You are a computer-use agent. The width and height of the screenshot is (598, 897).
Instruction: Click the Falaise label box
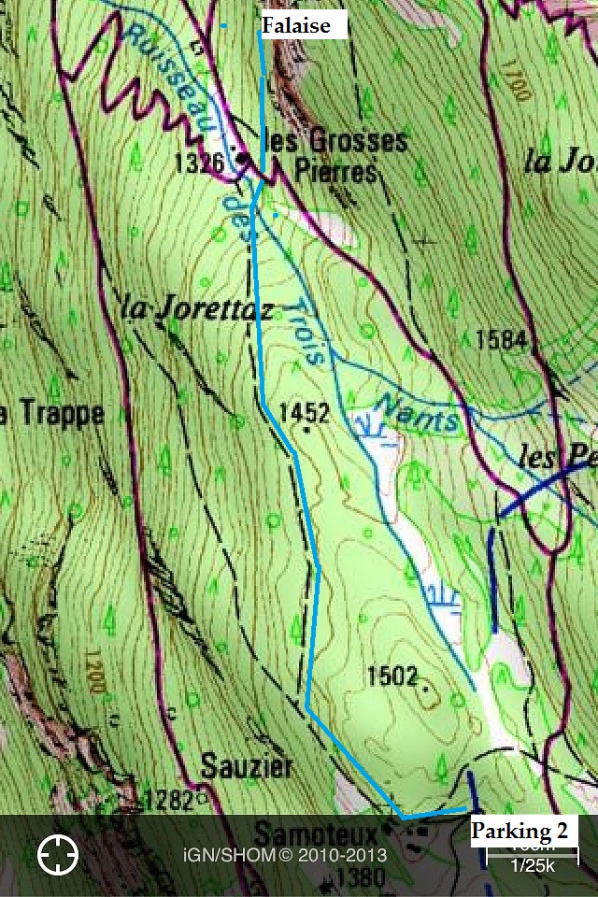coord(296,25)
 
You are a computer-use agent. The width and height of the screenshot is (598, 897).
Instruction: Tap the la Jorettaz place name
coord(197,308)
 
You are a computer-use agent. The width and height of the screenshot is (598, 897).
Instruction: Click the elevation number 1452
coord(305,411)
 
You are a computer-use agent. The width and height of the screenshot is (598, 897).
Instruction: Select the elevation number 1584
coord(501,340)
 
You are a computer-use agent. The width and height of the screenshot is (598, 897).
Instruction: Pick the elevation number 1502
coord(392,675)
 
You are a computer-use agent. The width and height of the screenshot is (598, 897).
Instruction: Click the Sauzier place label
coord(247,768)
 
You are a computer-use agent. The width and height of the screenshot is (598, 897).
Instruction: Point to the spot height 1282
coord(169,799)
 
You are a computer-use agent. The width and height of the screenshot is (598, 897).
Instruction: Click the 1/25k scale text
coord(533,866)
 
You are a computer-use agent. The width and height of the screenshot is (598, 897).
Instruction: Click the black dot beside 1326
coord(243,159)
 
